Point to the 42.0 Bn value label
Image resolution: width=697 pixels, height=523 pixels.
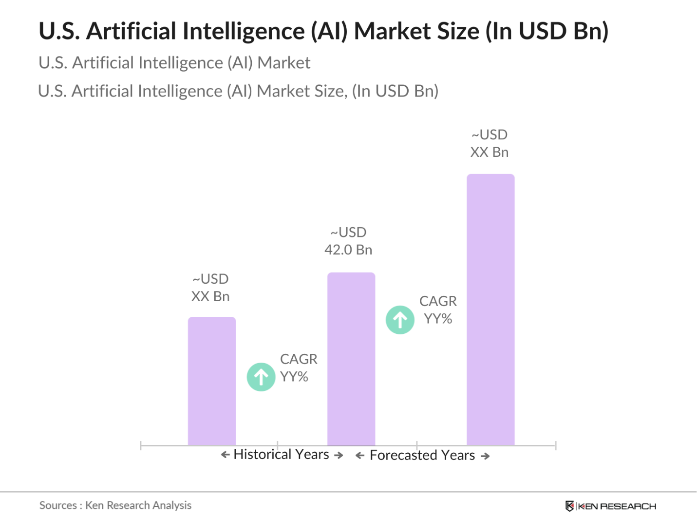click(x=348, y=250)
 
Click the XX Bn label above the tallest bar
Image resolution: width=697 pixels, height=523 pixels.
click(x=489, y=152)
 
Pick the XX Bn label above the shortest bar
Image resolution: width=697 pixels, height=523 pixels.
click(x=210, y=296)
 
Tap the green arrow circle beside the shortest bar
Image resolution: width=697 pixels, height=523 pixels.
click(x=261, y=377)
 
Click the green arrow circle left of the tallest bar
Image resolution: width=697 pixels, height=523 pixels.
click(x=400, y=320)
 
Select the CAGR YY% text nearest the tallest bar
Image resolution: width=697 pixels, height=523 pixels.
click(x=438, y=310)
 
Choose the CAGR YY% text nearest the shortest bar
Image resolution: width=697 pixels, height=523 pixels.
click(x=298, y=368)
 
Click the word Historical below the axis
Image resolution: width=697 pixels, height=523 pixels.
click(x=263, y=454)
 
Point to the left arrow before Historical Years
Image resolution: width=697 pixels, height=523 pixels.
click(x=225, y=455)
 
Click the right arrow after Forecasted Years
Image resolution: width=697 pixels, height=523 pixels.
click(x=485, y=456)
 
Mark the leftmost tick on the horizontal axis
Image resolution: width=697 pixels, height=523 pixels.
click(x=141, y=446)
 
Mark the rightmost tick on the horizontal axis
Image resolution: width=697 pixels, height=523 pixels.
click(x=555, y=446)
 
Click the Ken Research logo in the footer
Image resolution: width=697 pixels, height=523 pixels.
click(x=611, y=506)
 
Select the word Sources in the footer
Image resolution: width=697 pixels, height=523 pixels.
click(x=58, y=505)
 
